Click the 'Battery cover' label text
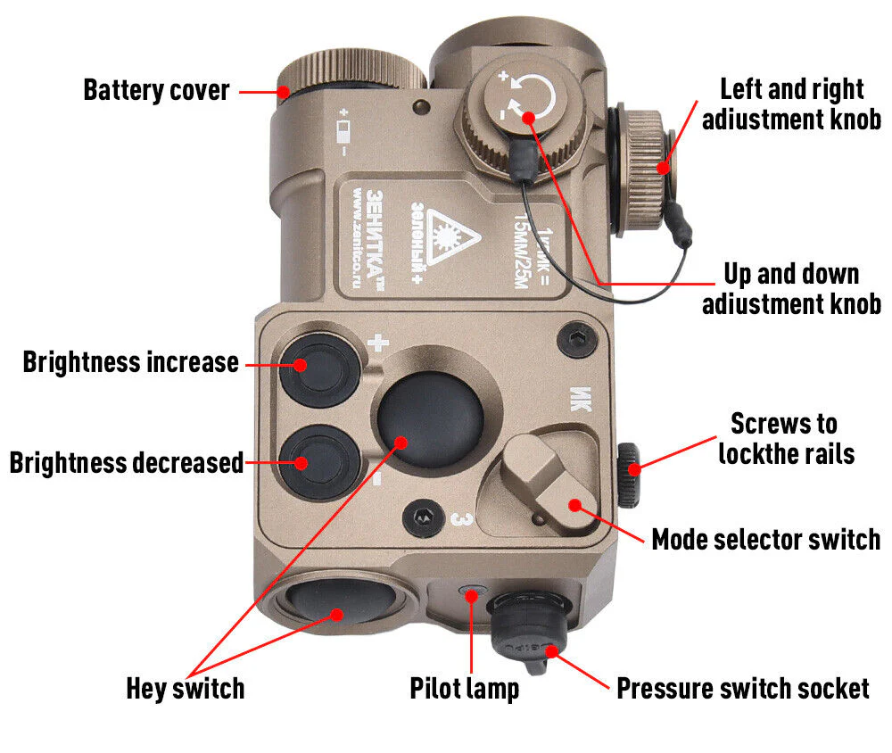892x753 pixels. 156,90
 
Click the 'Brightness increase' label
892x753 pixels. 131,362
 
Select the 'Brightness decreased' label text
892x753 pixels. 126,463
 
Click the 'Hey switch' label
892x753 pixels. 185,689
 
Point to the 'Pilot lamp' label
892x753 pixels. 464,689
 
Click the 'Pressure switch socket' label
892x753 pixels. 742,689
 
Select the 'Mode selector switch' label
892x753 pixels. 765,540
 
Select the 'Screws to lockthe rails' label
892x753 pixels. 786,437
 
